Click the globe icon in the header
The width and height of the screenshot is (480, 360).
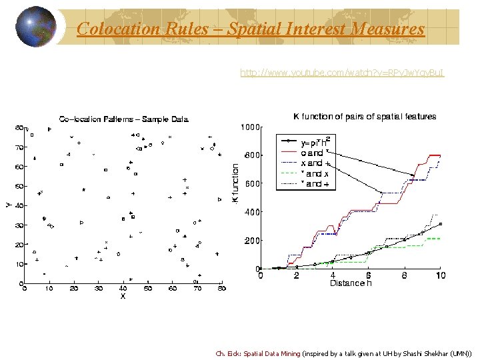coord(35,27)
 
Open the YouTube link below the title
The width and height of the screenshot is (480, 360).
coord(342,72)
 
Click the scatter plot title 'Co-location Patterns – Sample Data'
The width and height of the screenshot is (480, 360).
coord(124,119)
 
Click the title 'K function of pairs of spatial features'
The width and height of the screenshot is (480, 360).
coord(365,117)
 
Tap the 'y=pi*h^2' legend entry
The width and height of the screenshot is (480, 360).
coord(316,142)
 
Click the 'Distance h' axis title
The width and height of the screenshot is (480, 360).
coord(351,283)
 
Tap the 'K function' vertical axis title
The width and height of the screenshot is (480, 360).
coord(235,184)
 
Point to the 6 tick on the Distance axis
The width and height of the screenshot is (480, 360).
coord(369,275)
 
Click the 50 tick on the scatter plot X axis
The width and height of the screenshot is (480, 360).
coord(147,289)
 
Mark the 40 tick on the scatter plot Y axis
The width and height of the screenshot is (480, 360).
coord(19,205)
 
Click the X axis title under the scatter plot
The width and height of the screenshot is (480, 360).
coord(123,295)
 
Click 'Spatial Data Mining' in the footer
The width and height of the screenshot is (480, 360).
coord(272,354)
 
